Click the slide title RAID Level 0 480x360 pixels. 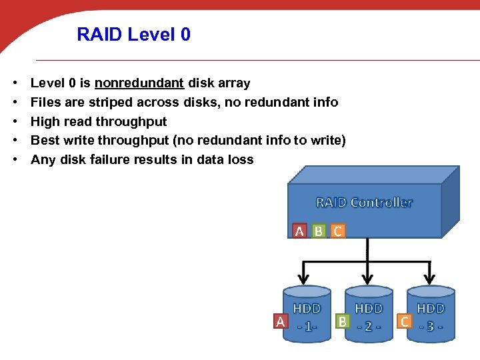click(x=133, y=34)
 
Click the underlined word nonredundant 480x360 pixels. click(x=139, y=83)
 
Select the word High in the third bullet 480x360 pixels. click(x=45, y=121)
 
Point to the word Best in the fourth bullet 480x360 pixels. click(x=45, y=141)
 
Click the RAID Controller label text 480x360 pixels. click(x=364, y=202)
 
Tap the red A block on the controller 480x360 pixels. click(x=299, y=231)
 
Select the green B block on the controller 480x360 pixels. click(x=319, y=231)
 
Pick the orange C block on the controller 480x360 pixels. click(x=338, y=231)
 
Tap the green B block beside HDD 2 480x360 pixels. click(x=343, y=321)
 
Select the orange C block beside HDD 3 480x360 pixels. click(x=404, y=321)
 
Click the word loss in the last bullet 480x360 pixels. click(x=241, y=160)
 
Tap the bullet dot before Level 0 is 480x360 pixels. click(x=14, y=83)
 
